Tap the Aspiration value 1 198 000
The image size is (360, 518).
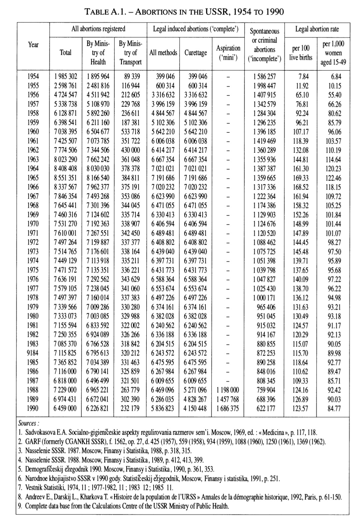coord(228,390)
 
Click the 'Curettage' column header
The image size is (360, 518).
coord(196,53)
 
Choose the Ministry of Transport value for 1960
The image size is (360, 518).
coord(130,132)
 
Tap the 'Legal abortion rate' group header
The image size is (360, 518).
coord(317,29)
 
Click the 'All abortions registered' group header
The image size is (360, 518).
coord(99,29)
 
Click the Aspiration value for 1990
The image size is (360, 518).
coord(228,408)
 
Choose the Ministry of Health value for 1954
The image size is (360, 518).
coord(98,76)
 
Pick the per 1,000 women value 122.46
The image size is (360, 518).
coord(334,178)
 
